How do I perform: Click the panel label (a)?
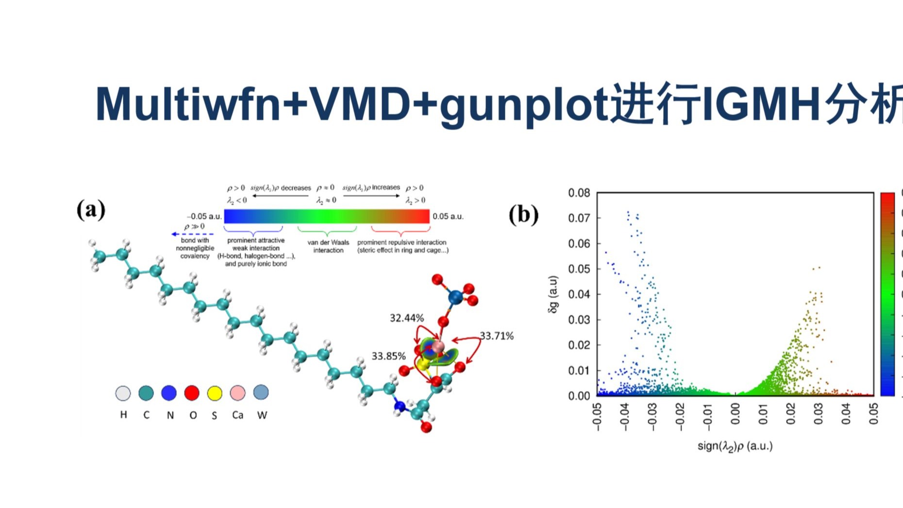tap(91, 210)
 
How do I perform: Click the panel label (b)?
tap(523, 215)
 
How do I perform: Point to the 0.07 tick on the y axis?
tap(579, 218)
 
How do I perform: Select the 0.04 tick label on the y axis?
tap(579, 294)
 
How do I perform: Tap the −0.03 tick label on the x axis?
tap(652, 416)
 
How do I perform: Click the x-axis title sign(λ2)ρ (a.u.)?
tap(735, 446)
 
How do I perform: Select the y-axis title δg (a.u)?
tap(552, 294)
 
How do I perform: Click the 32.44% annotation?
tap(406, 318)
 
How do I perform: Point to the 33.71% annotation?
tap(496, 336)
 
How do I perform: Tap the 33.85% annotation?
tap(388, 356)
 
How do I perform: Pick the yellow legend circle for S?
tap(215, 393)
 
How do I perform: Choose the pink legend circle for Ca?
tap(237, 393)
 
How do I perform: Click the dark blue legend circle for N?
tap(169, 393)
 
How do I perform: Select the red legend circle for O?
tap(192, 393)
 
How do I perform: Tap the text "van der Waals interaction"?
tap(328, 246)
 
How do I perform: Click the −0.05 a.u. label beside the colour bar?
tap(204, 217)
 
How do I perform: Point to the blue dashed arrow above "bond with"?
tap(192, 234)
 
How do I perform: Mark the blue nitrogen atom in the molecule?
tap(400, 406)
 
